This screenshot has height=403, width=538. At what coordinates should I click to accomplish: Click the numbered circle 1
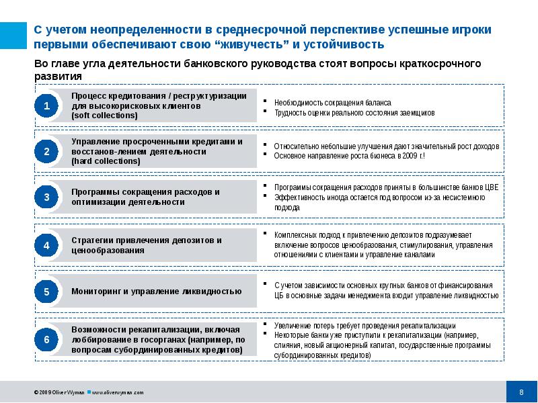click(46, 105)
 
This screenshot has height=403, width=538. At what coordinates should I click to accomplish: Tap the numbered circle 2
click(46, 152)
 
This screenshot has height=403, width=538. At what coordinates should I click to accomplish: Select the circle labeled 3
click(46, 197)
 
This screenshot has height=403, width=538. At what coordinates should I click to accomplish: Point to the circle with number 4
click(46, 245)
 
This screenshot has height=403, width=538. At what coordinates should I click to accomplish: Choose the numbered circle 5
click(46, 292)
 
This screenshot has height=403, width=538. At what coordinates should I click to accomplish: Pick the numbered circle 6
click(46, 340)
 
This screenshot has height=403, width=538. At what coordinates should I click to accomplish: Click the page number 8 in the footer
click(521, 392)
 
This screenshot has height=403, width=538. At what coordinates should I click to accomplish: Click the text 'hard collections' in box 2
click(105, 161)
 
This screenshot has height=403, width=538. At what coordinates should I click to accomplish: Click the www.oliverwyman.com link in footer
click(117, 392)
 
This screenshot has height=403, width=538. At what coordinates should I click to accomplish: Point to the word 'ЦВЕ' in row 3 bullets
click(492, 187)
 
